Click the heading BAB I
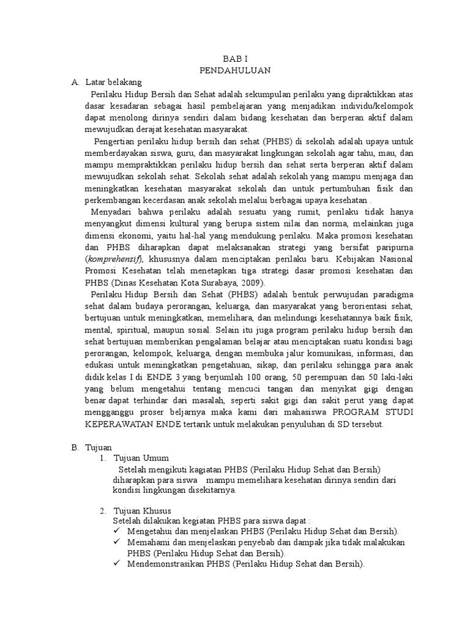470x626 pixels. point(234,59)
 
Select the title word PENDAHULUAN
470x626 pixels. point(234,70)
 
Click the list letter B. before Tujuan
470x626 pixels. point(75,447)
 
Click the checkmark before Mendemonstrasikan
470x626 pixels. point(117,564)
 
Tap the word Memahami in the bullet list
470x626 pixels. point(147,542)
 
